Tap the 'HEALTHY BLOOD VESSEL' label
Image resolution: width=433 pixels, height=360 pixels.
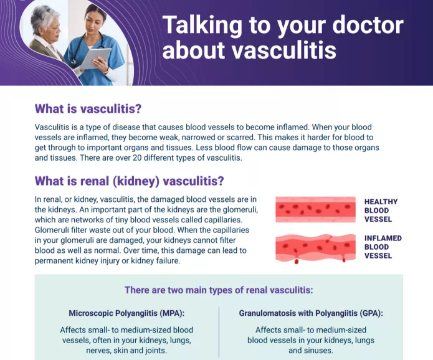(381, 211)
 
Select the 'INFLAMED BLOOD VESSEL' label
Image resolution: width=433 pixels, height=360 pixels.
(383, 247)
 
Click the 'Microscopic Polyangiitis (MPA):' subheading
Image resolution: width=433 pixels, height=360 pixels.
(126, 313)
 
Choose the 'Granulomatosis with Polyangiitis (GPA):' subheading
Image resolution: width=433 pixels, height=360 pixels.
(311, 313)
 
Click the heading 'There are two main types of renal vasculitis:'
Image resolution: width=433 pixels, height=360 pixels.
(218, 290)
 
